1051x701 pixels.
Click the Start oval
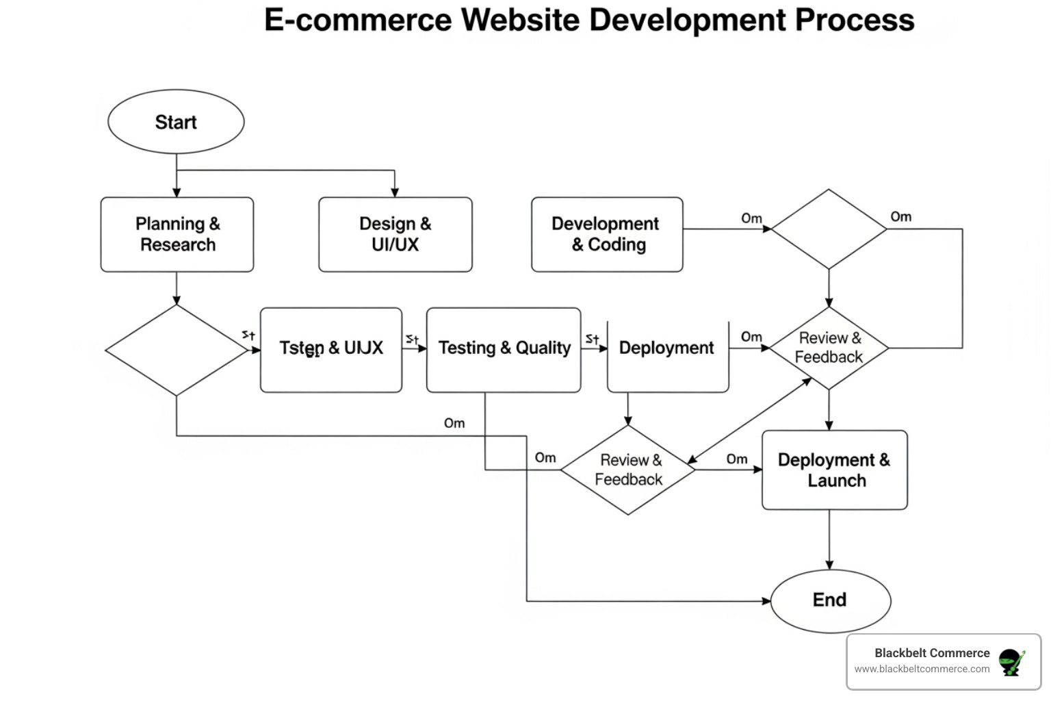pos(176,122)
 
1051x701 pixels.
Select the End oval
pos(830,600)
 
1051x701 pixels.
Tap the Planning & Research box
pos(177,234)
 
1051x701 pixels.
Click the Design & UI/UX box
pos(395,234)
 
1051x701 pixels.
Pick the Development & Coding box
pos(606,234)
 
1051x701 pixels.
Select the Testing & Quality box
pos(504,349)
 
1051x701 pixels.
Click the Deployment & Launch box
pos(834,470)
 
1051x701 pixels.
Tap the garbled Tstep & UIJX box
pos(331,349)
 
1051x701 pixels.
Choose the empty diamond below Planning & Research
pos(177,350)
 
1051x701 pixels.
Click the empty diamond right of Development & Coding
pos(829,229)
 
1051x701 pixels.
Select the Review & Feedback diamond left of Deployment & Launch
pos(628,470)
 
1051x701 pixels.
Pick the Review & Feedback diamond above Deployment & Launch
pos(829,348)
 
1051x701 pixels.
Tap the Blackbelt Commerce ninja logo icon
pos(1011,662)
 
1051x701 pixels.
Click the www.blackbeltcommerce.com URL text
pos(922,670)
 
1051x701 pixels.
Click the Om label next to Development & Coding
pos(751,218)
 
